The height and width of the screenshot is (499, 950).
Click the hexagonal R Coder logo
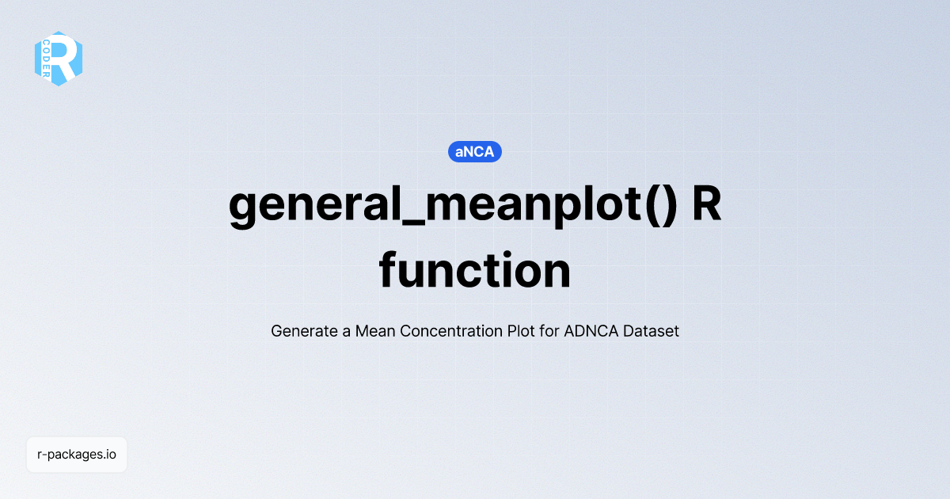[x=59, y=59]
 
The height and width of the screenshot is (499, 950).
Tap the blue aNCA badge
[x=475, y=151]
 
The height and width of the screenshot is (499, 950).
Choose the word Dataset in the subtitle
[x=651, y=331]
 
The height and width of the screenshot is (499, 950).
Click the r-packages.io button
[x=77, y=455]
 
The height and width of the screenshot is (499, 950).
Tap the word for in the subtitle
[x=549, y=331]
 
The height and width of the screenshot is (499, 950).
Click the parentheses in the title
[x=660, y=206]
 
